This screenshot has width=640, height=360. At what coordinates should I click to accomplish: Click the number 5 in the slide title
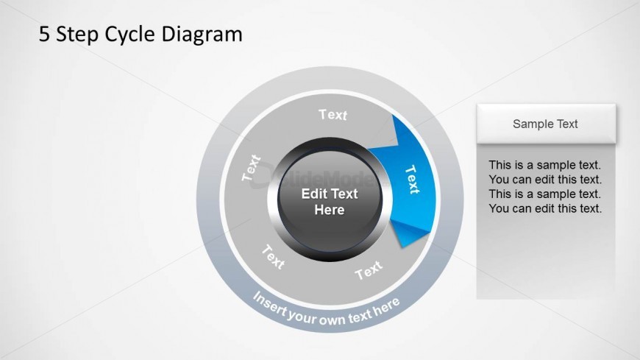[x=44, y=34]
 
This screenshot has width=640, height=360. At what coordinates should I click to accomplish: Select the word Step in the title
[x=77, y=35]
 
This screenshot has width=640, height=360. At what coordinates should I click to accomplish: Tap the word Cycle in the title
[x=130, y=35]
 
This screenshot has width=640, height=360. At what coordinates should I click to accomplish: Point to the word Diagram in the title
[x=202, y=35]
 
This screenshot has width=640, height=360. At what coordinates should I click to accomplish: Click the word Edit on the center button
[x=313, y=194]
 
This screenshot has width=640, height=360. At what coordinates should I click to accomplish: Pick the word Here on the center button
[x=330, y=210]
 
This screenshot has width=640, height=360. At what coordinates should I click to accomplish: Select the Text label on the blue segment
[x=412, y=180]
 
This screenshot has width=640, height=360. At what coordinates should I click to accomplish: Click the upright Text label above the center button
[x=333, y=115]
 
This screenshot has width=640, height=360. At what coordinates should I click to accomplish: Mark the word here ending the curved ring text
[x=385, y=306]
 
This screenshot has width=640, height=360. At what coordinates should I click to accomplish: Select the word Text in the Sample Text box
[x=565, y=124]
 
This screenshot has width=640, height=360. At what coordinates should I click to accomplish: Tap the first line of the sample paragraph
[x=545, y=165]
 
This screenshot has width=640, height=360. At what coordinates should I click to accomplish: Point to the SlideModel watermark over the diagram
[x=314, y=180]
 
